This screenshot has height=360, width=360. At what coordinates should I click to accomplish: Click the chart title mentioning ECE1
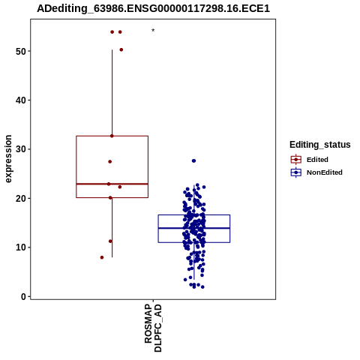click(x=153, y=8)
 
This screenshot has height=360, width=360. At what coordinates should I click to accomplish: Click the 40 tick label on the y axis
click(x=21, y=100)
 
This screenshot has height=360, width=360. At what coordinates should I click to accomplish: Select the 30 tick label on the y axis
click(x=21, y=149)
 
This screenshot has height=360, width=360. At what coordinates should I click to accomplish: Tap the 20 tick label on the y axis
click(x=21, y=198)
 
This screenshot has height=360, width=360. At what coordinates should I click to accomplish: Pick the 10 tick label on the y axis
click(x=21, y=247)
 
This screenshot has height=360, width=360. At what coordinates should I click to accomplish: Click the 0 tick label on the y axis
click(x=24, y=296)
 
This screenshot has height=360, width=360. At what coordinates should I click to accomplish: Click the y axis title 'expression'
click(x=8, y=159)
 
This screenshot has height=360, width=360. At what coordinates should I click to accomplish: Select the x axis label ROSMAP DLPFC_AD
click(x=153, y=328)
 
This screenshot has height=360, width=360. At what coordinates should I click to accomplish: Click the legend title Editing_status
click(x=320, y=145)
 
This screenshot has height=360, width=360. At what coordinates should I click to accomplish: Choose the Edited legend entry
click(x=310, y=160)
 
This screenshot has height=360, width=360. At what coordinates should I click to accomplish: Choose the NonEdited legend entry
click(x=316, y=172)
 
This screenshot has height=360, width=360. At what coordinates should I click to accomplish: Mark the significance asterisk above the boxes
click(x=153, y=31)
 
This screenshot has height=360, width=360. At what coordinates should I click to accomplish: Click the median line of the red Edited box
click(x=112, y=184)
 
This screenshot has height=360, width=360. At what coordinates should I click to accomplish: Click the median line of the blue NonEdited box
click(x=194, y=228)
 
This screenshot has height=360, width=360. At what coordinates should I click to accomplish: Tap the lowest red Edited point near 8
click(x=102, y=257)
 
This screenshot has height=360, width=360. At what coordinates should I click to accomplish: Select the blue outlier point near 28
click(x=193, y=160)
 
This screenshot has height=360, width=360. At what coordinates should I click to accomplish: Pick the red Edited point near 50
click(x=121, y=49)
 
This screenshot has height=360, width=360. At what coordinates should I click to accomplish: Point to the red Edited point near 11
click(x=110, y=241)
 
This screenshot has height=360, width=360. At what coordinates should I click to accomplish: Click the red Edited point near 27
click(x=110, y=162)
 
